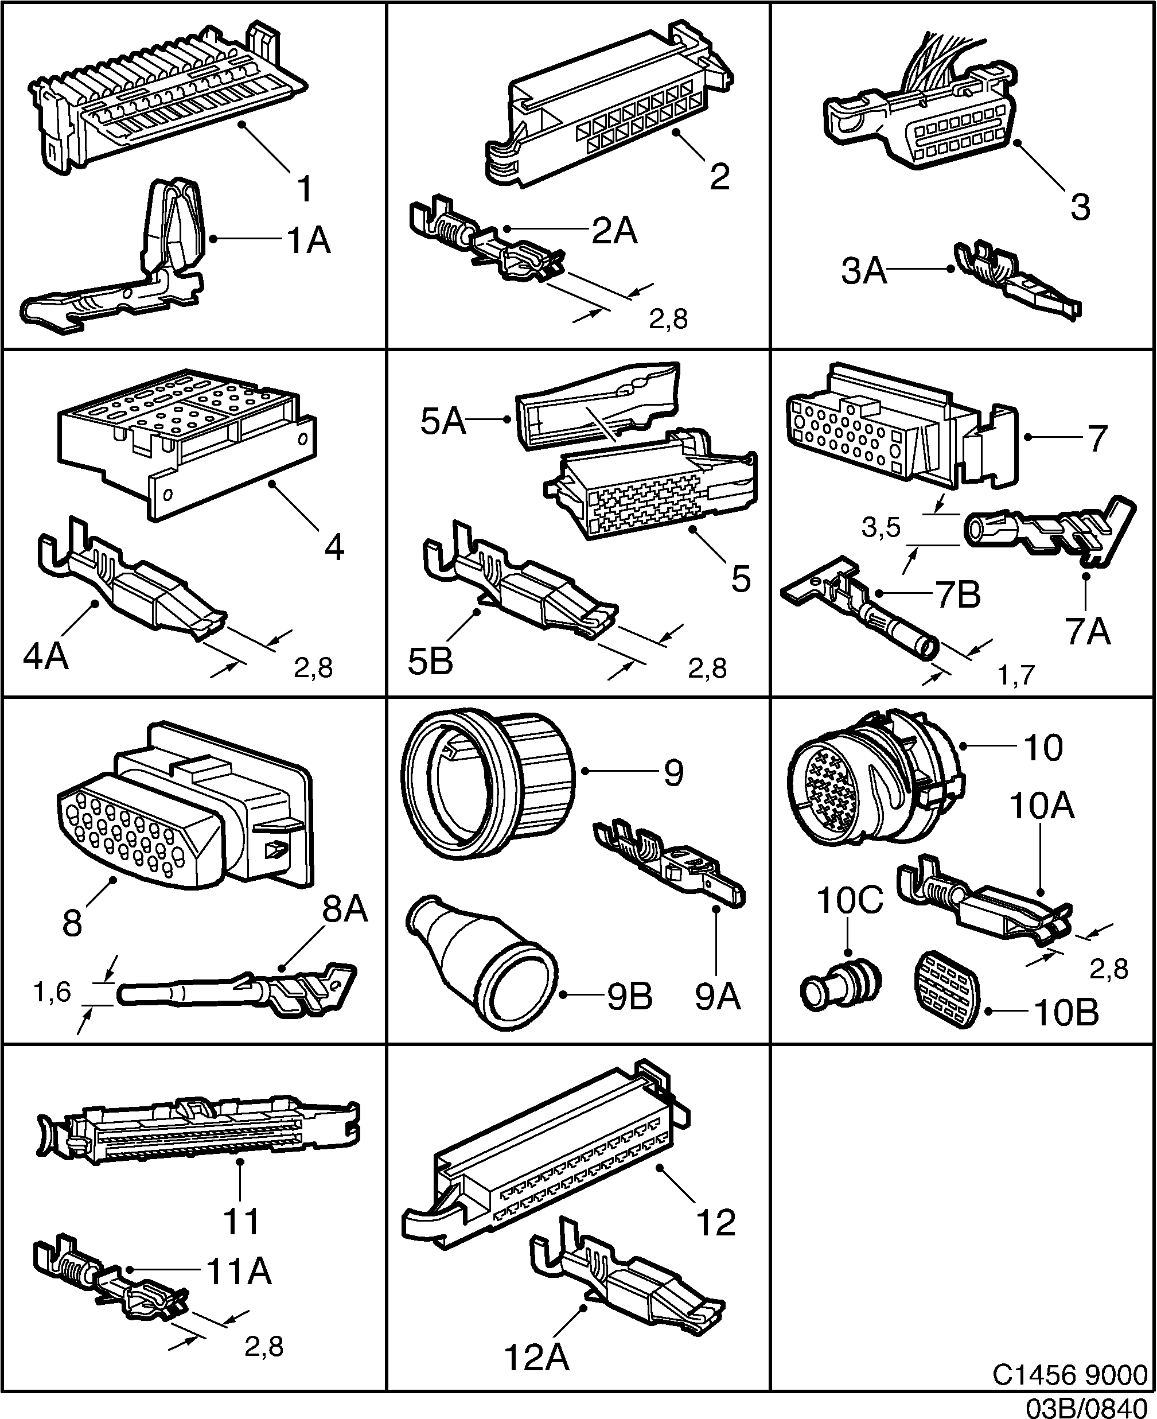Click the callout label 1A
pyautogui.click(x=309, y=240)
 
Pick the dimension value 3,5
pyautogui.click(x=881, y=528)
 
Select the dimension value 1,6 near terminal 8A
pyautogui.click(x=52, y=992)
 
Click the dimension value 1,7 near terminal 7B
pyautogui.click(x=1016, y=676)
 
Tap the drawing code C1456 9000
pyautogui.click(x=1070, y=1374)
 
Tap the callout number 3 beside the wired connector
pyautogui.click(x=1080, y=207)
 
